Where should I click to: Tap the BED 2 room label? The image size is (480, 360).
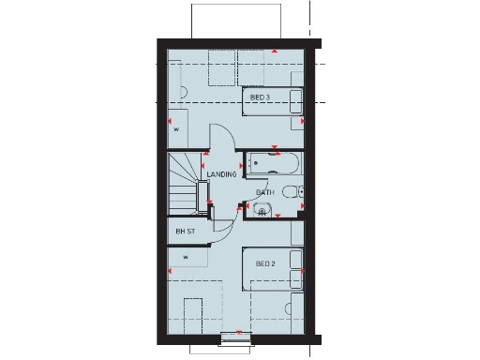tap(265, 263)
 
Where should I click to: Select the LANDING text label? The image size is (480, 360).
tap(222, 174)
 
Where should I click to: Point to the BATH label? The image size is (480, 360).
tap(265, 193)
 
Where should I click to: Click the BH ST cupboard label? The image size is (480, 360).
tap(185, 231)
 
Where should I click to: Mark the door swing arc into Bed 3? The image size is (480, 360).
tap(217, 138)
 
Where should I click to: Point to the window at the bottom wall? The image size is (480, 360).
tap(236, 338)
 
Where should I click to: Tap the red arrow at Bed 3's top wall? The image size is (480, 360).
tap(274, 52)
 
